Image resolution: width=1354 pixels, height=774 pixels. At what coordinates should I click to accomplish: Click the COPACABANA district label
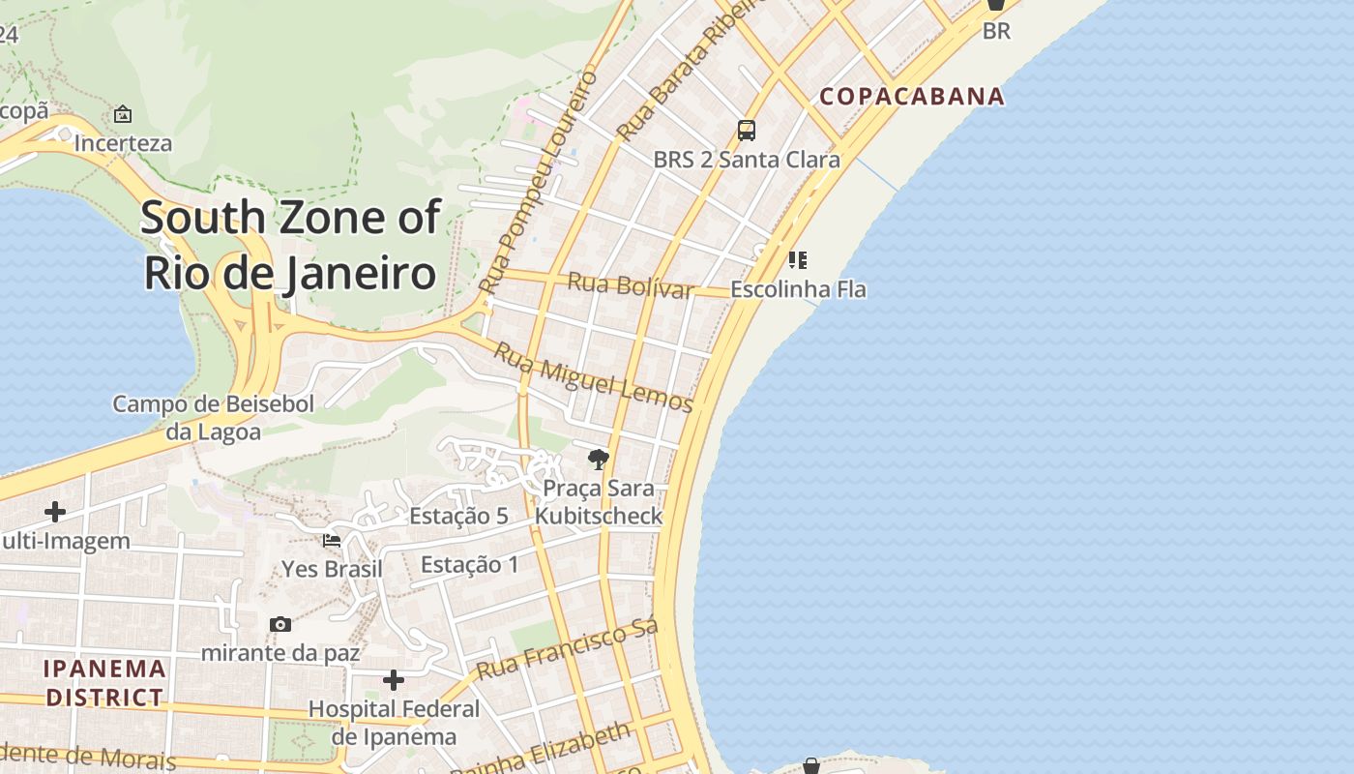coord(912,97)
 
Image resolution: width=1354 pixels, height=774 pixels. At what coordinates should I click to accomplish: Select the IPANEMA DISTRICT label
coord(104,683)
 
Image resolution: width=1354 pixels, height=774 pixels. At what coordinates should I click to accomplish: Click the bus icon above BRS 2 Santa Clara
coord(746,130)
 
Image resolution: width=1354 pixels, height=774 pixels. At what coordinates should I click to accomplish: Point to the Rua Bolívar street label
coord(630,285)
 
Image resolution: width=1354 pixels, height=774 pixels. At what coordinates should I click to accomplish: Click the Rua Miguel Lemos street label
coord(593,377)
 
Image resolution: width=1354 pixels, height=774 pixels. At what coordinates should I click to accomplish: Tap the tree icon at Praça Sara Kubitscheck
coord(599,460)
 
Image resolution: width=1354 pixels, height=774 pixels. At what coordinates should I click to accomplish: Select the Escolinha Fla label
coord(798,289)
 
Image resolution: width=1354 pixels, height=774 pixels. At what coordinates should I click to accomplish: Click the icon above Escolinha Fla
coord(798,259)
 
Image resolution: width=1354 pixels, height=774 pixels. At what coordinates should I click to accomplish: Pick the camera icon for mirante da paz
coord(280,625)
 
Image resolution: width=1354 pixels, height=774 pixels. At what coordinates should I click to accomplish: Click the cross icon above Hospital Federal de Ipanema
coord(394,680)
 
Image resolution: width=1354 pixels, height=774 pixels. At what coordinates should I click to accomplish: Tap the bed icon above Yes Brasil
coord(332,540)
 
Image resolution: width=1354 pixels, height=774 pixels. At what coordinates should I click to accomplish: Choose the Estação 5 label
coord(458,516)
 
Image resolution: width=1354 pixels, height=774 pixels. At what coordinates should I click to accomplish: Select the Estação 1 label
coord(470,565)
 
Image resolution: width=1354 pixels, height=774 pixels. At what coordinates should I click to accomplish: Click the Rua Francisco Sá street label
coord(567,650)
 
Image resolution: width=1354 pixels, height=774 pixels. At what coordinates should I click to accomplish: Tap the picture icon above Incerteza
coord(123,114)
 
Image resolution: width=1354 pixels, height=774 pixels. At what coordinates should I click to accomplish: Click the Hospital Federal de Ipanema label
coord(394,723)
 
